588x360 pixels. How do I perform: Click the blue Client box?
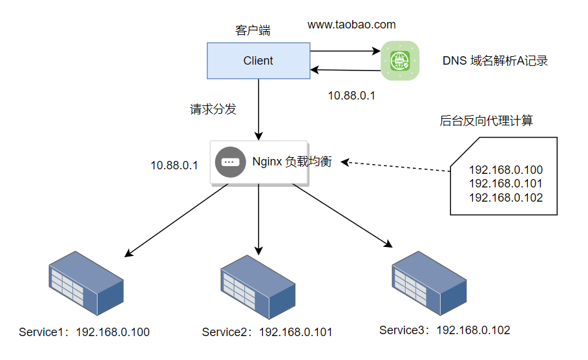tap(258, 61)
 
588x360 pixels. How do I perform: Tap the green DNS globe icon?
tap(400, 61)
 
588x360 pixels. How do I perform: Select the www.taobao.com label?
tap(351, 25)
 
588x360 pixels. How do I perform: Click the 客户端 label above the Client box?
tap(253, 30)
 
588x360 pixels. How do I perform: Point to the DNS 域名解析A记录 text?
tap(495, 61)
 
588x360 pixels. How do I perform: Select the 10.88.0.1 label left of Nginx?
tap(174, 165)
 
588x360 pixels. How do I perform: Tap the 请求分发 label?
tap(213, 109)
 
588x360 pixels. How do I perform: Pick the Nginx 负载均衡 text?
tap(291, 162)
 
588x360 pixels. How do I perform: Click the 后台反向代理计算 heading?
tap(487, 121)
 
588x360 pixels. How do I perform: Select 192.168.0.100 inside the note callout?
tap(505, 170)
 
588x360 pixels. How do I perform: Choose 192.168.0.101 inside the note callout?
tap(505, 184)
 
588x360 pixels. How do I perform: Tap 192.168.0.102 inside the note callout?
tap(505, 198)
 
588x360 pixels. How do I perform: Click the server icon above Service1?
tap(87, 284)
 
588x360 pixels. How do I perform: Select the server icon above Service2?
tap(259, 285)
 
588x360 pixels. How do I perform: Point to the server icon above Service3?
tap(429, 282)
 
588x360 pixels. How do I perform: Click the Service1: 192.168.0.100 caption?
tap(84, 332)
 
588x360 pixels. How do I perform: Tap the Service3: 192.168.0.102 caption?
tap(445, 330)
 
